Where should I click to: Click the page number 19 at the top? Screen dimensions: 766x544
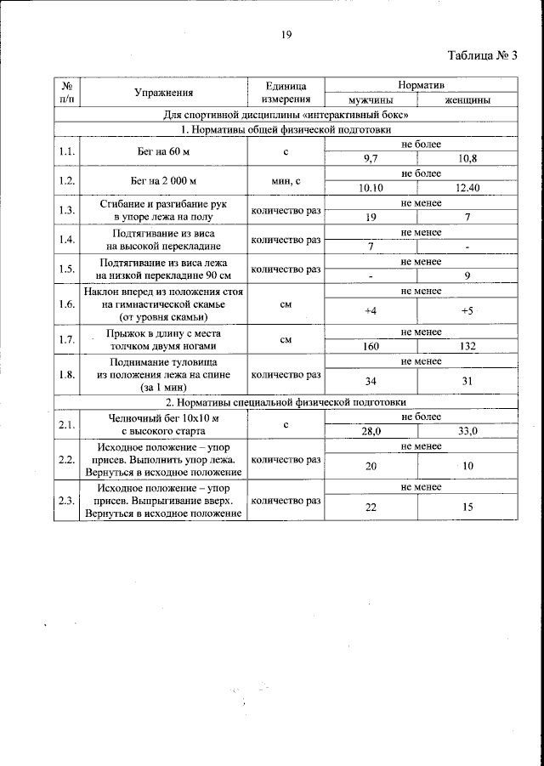pyautogui.click(x=286, y=35)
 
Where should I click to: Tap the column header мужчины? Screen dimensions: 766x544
pyautogui.click(x=371, y=100)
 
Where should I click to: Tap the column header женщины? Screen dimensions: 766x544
pyautogui.click(x=467, y=100)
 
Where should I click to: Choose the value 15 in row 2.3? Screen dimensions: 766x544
pyautogui.click(x=467, y=508)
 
